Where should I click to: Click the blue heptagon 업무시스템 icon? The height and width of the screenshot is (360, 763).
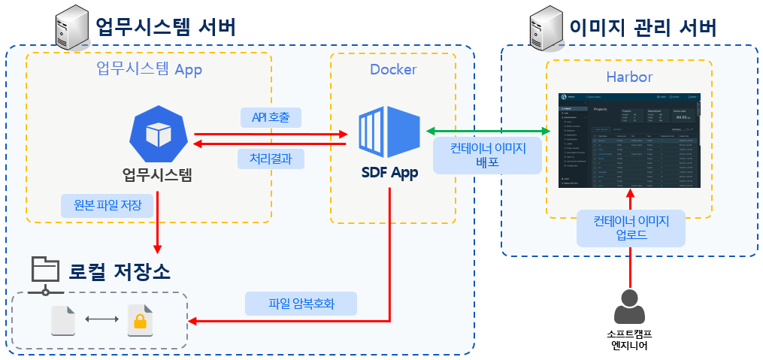pos(159,135)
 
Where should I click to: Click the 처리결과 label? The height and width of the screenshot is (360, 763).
pos(271,158)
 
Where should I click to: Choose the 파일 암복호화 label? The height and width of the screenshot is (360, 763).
pos(301,304)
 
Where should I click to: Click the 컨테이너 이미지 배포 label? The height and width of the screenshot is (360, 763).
pos(488,156)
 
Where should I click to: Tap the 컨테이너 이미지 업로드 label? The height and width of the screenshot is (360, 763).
pos(631,228)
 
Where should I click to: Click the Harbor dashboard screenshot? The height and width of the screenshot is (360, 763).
pos(630,141)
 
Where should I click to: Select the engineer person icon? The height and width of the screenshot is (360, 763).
pos(630,307)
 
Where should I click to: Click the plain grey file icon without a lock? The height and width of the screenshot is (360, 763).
pos(63,320)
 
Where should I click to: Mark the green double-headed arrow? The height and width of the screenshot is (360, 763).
pos(488,132)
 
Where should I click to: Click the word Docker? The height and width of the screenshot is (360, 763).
pos(393,70)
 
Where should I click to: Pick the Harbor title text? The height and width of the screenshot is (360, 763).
pos(629,77)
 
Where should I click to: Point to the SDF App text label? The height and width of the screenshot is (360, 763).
pos(389,173)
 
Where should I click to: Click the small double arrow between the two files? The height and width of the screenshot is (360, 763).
pos(101,320)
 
